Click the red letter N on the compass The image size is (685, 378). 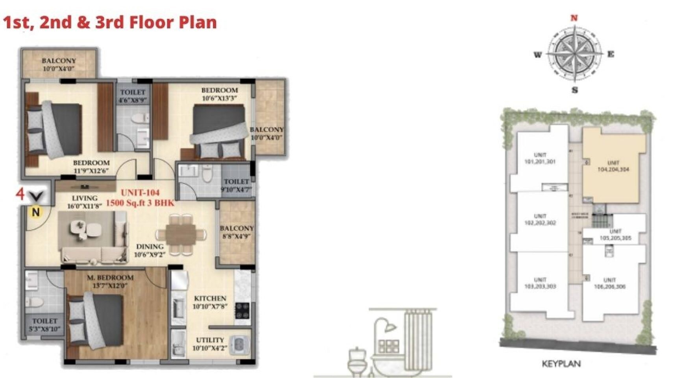[574, 18]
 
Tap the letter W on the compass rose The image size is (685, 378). [538, 55]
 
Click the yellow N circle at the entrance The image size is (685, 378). [36, 212]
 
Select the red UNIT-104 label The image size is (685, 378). [140, 193]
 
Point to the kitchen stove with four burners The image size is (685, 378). [243, 310]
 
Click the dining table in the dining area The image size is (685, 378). [181, 234]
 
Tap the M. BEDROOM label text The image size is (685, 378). [110, 278]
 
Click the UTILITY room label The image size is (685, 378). [210, 340]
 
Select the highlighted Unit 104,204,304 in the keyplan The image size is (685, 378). [613, 166]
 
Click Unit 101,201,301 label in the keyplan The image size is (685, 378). [540, 158]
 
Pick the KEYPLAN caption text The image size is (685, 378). [561, 364]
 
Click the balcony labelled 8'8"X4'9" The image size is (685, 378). [237, 232]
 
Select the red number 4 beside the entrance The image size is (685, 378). [20, 194]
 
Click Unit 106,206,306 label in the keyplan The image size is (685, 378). [609, 283]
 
